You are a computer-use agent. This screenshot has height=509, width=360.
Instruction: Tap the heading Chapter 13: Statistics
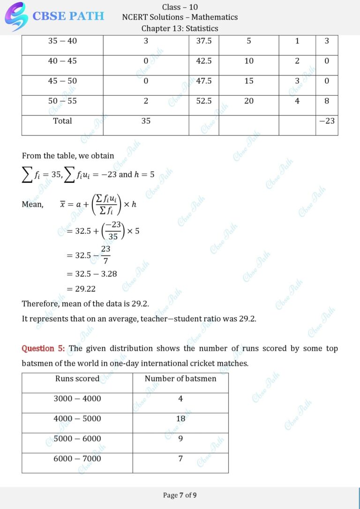pos(180,28)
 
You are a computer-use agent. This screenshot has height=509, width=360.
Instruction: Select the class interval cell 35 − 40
pos(62,41)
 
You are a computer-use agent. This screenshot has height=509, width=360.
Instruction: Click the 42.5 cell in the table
pos(204,61)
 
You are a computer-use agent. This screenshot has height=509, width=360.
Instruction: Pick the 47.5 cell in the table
pos(204,81)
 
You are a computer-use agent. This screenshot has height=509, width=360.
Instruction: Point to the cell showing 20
pos(249,101)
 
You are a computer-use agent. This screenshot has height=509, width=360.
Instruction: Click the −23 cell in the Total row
pos(327,121)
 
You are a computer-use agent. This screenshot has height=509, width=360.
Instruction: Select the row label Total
pos(62,121)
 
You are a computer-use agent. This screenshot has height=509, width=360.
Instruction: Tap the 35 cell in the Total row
pos(146,121)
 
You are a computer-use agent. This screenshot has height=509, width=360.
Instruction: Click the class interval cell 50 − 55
pos(62,101)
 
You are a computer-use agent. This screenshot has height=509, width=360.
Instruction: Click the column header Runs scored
pos(77,379)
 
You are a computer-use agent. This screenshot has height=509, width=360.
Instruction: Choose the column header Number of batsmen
pos(180,379)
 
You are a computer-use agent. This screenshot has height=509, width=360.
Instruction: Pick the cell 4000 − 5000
pos(77,419)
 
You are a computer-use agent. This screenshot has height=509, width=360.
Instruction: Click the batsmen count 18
pos(180,419)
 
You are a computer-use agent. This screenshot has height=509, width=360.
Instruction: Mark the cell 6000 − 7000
pos(77,458)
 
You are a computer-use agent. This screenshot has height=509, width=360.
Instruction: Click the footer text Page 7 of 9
pos(180,495)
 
